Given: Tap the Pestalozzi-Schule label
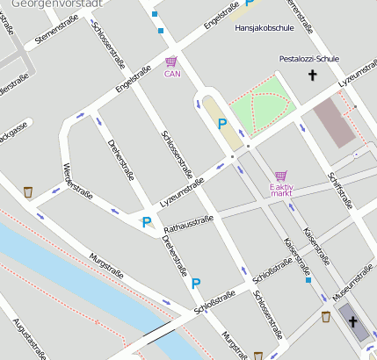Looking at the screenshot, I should [x=308, y=59].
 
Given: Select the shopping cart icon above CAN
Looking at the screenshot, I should [x=170, y=61].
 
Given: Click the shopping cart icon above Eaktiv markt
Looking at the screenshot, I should [x=280, y=176].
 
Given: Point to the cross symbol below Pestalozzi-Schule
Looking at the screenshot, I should [x=311, y=76].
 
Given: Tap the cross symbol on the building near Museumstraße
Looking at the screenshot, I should [x=354, y=322].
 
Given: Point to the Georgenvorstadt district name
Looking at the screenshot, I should [x=48, y=4].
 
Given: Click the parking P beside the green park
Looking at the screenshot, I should [x=222, y=125].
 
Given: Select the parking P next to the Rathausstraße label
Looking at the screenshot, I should [x=147, y=223].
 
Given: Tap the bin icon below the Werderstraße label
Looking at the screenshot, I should [x=29, y=191].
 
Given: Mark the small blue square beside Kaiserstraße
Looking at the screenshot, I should [x=308, y=280].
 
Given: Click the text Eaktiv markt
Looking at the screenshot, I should [x=281, y=191].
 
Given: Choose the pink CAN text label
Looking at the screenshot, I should [x=171, y=74].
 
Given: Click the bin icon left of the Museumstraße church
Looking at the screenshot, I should [x=326, y=317].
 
